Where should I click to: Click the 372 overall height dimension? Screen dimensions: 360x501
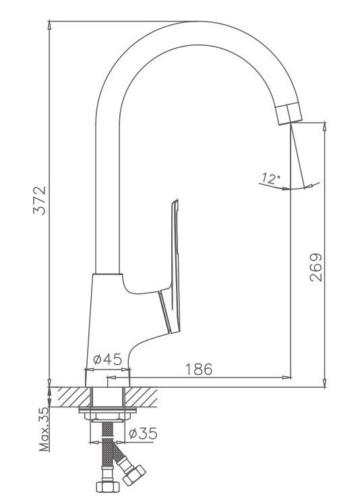[40, 200]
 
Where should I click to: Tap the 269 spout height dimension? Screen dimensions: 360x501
[316, 267]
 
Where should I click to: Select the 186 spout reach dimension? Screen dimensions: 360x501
[199, 369]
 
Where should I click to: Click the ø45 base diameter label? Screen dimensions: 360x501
[107, 359]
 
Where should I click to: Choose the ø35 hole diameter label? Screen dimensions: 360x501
[143, 434]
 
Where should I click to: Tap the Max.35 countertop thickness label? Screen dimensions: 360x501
[44, 429]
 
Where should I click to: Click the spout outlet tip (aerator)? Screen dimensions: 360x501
[289, 114]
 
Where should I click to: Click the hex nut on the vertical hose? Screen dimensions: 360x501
[108, 487]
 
